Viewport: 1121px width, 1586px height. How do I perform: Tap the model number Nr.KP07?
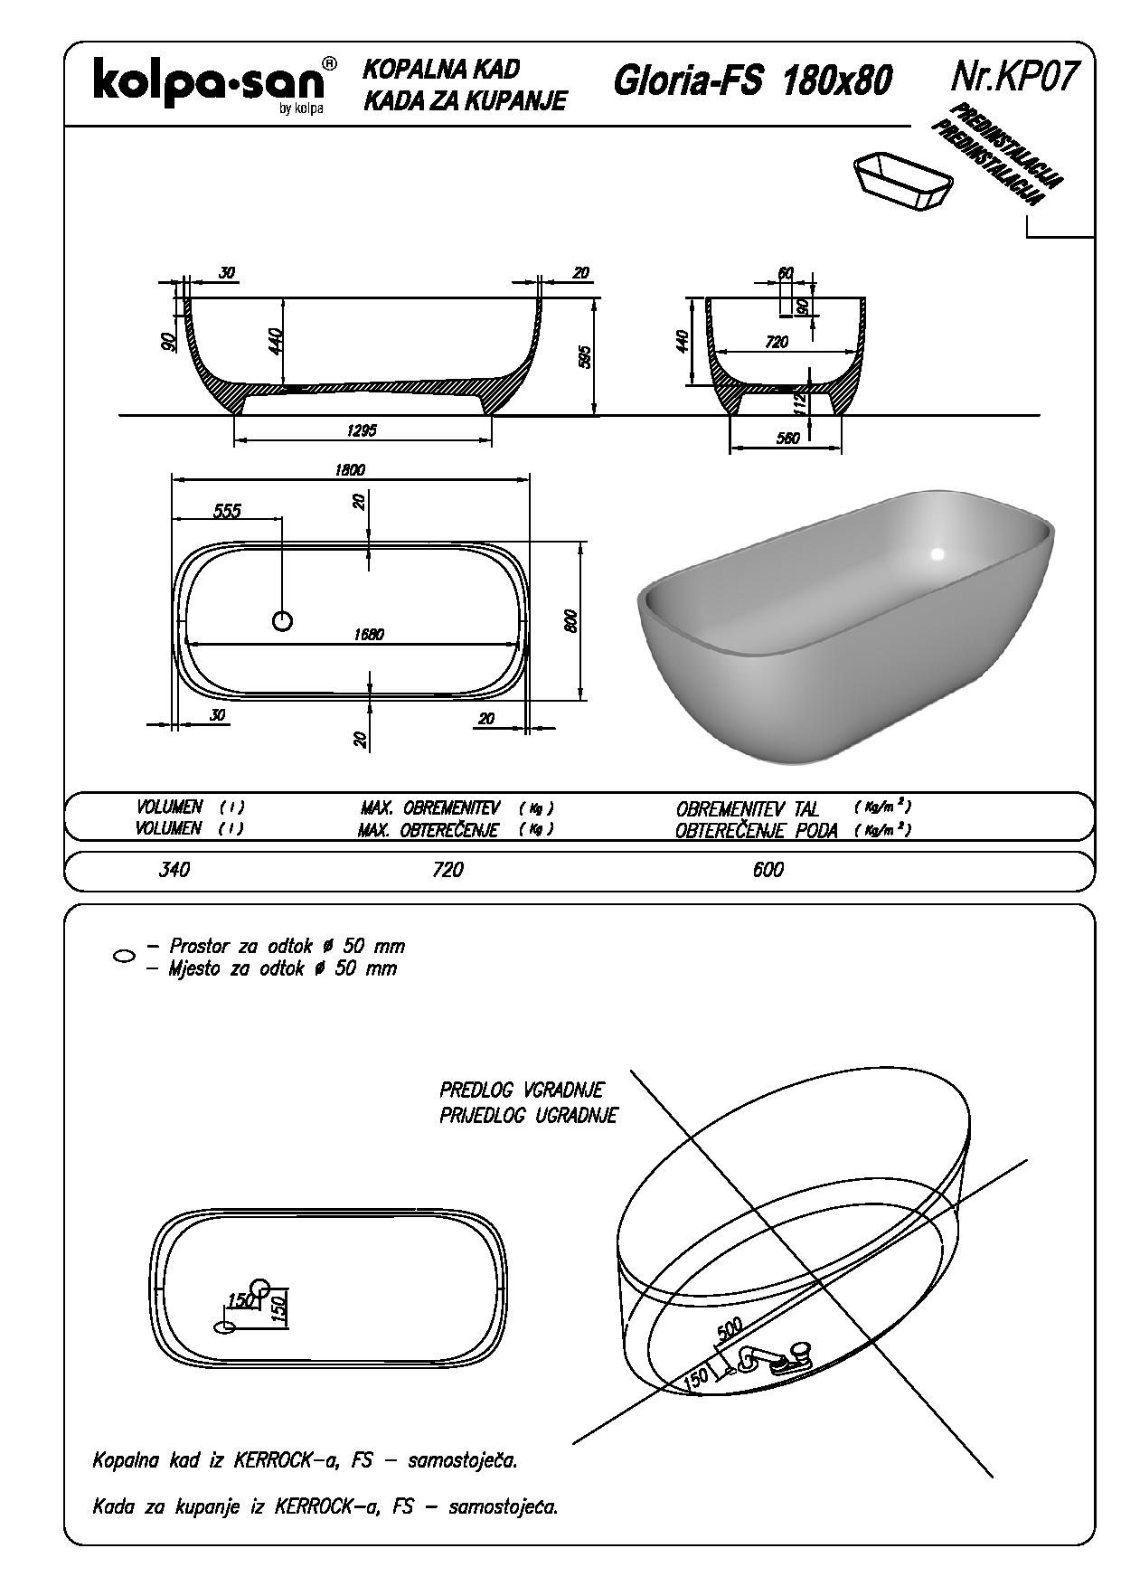click(1015, 78)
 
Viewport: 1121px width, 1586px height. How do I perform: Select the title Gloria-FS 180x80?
click(752, 81)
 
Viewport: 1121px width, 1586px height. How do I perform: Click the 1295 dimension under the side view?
click(362, 430)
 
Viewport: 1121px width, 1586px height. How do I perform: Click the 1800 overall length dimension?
click(348, 469)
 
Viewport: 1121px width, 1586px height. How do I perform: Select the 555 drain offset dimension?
click(227, 511)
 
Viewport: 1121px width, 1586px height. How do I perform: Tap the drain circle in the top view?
click(283, 621)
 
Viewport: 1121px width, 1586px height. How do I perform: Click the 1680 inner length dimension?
click(368, 634)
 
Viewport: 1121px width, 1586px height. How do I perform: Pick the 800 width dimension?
click(570, 621)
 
